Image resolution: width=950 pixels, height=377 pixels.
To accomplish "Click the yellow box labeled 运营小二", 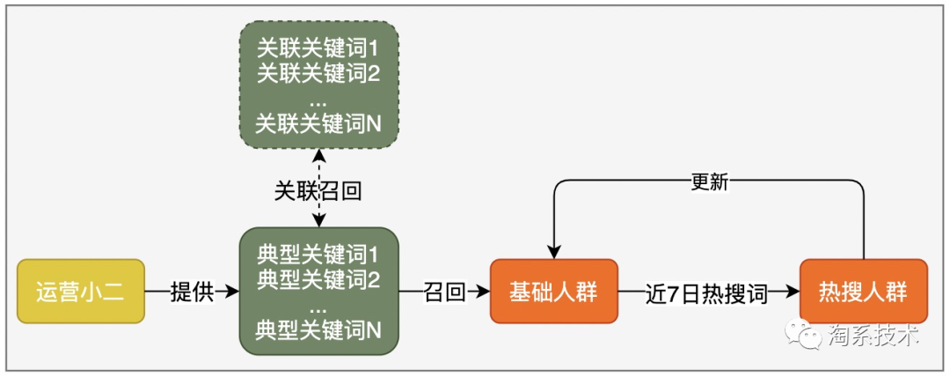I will coord(80,292).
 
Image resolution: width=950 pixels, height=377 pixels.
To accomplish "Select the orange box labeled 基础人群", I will coord(553,292).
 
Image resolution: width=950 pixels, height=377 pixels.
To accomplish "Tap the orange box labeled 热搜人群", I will coord(863,292).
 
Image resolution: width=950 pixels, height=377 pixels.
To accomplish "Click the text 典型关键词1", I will coord(318,256).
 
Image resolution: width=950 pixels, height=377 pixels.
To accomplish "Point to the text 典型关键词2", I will coord(318,281).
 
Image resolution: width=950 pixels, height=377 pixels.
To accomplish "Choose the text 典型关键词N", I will coord(318,331).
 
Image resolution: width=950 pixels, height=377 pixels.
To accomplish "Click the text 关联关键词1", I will coord(318,48).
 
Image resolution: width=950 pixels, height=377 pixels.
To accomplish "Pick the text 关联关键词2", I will coord(318,72).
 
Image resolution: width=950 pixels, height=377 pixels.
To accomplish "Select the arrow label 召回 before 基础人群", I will coord(444,292).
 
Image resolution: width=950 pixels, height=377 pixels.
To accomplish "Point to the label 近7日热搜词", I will coord(707,292).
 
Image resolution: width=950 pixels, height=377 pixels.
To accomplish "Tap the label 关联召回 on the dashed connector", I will coord(318,190).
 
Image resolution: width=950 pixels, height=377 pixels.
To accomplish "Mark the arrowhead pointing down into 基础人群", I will coord(553,252).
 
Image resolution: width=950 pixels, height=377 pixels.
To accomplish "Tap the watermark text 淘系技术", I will coord(873,336).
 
